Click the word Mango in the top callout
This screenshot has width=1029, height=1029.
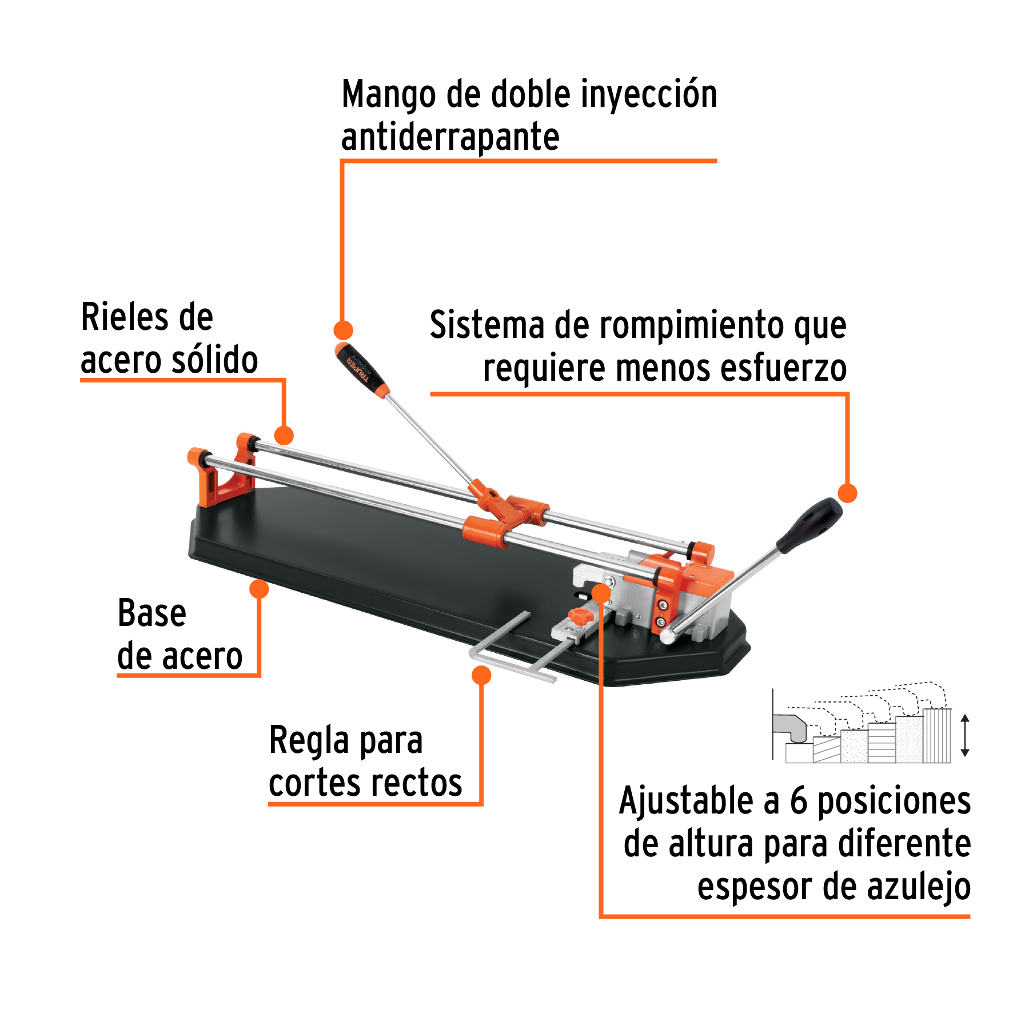coord(389,95)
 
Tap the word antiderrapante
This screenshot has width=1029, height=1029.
coord(450,138)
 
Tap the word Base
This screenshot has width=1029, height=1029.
coord(151,613)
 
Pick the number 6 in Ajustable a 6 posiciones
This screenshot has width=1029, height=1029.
coord(798,801)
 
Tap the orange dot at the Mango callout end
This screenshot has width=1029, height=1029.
coord(343,330)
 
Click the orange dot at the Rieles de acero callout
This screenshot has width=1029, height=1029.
coord(284,435)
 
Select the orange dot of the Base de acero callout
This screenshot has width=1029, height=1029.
coord(259,588)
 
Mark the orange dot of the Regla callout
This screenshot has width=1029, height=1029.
coord(481,675)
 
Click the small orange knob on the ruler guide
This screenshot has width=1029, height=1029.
coord(578,616)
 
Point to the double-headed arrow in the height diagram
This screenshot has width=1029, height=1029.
coord(965,735)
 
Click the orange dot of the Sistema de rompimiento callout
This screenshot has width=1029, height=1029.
coord(847,493)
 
